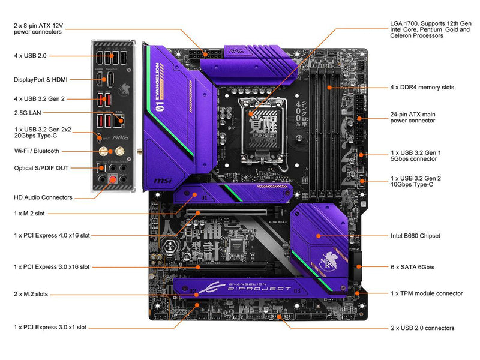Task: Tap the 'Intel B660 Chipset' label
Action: [415, 236]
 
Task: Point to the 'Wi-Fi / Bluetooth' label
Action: [37, 151]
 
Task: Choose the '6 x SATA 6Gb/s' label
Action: [413, 266]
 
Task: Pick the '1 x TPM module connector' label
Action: [426, 293]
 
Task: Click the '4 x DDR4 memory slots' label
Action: [422, 87]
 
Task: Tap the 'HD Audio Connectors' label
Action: [43, 197]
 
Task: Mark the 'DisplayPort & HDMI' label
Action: [40, 79]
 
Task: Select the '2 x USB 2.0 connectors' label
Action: [422, 328]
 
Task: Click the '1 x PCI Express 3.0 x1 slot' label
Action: [50, 327]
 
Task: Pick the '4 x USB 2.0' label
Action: [30, 55]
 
